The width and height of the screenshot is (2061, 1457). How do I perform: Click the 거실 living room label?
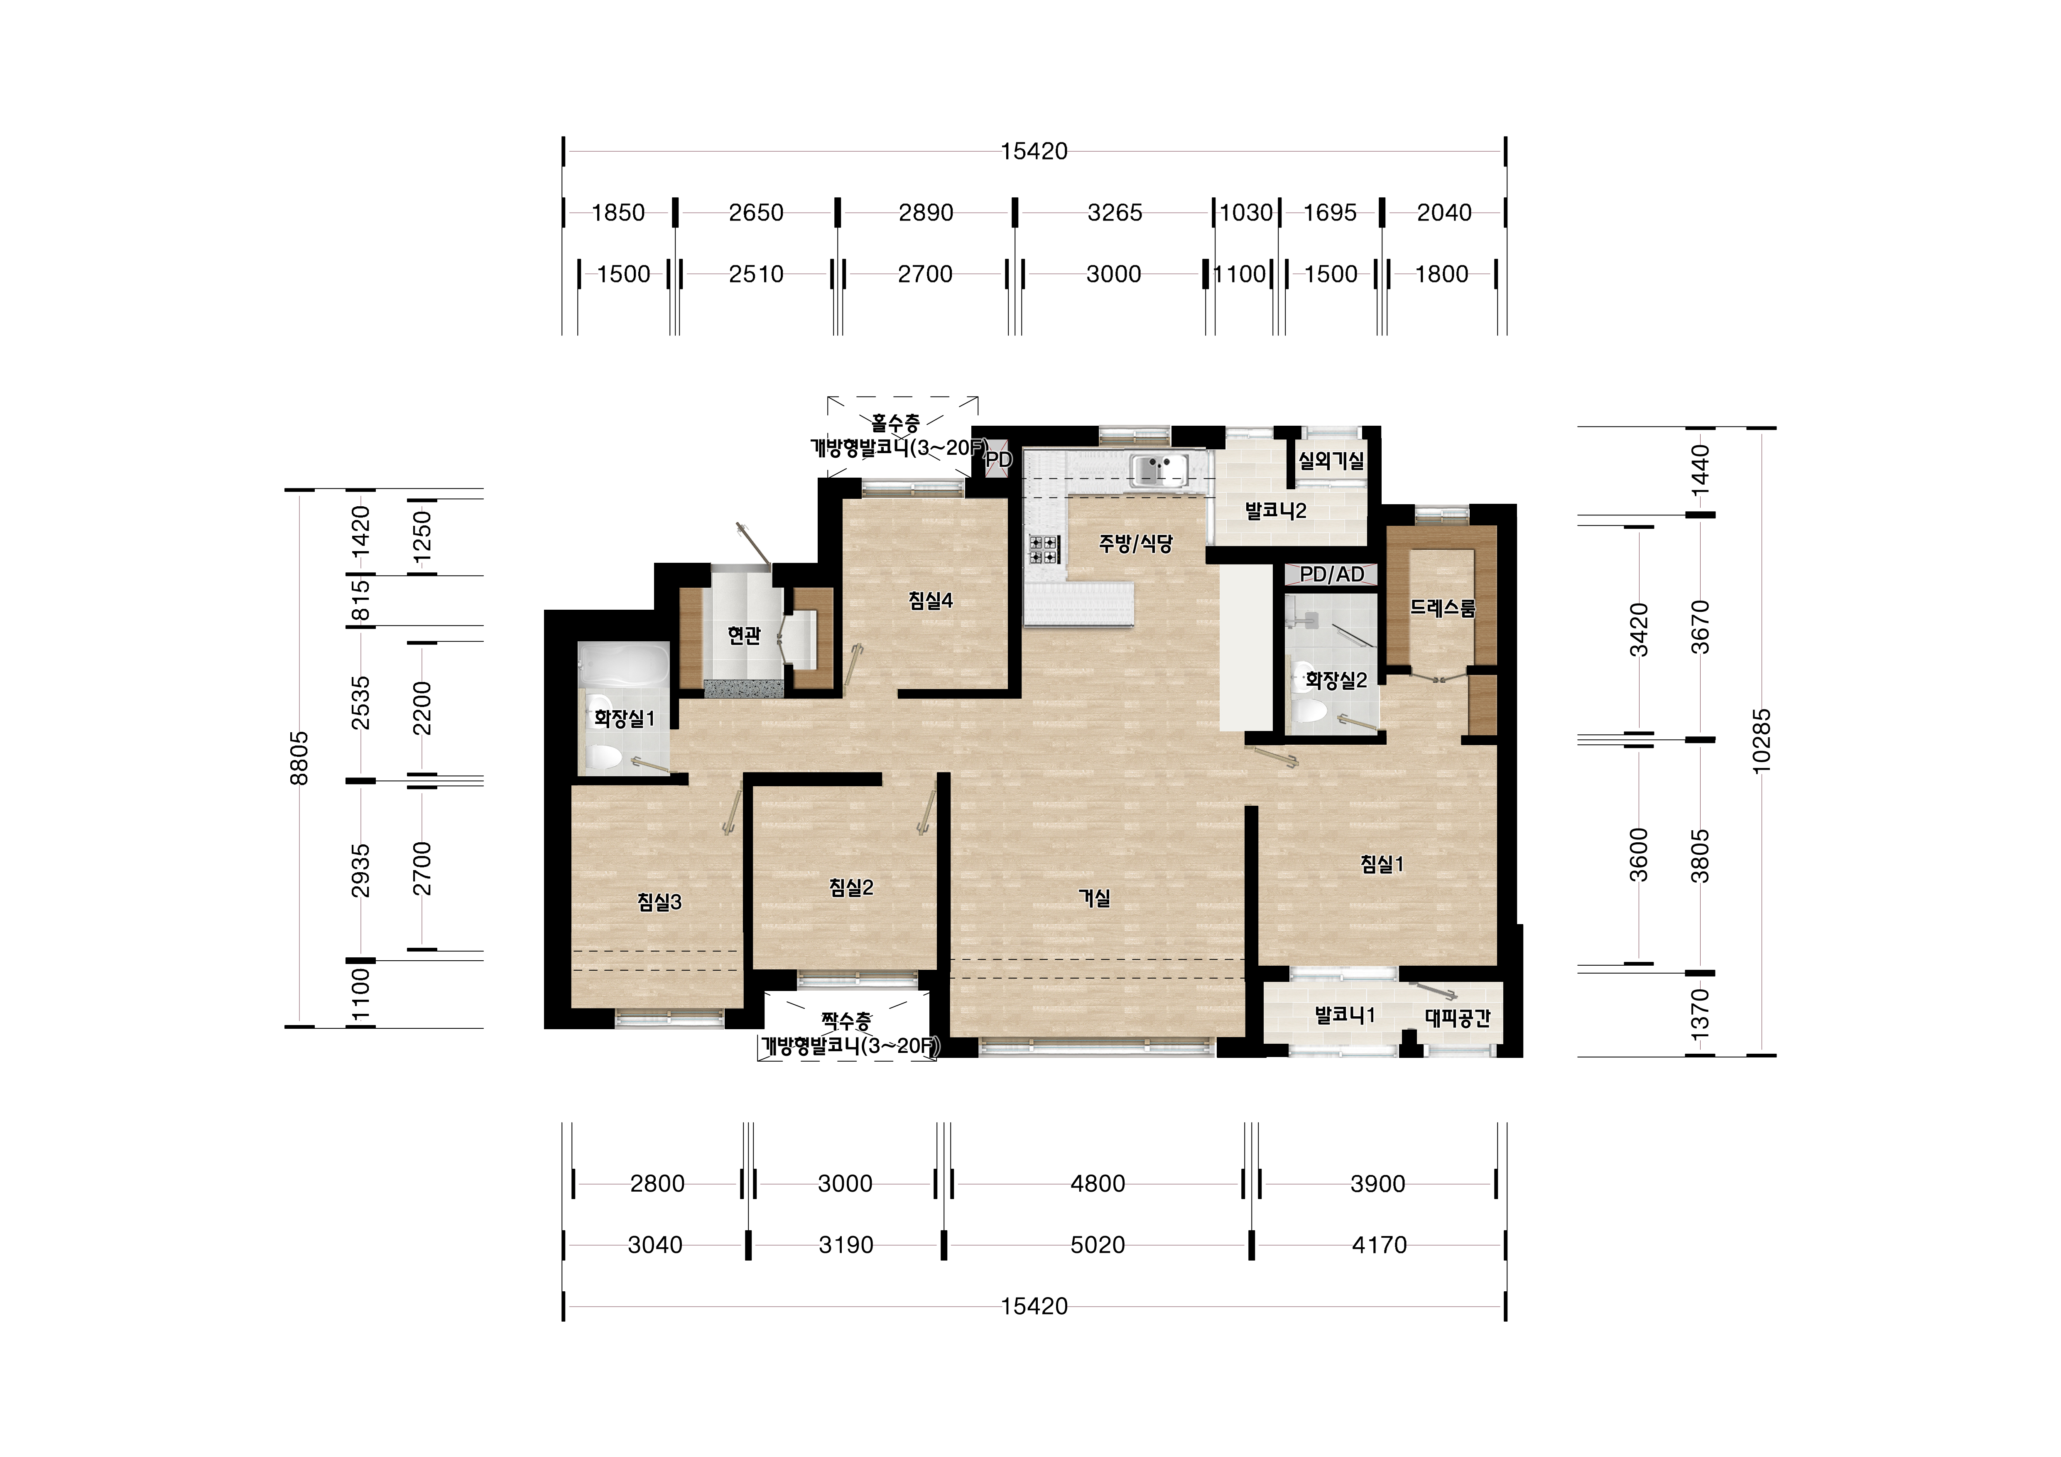[x=1094, y=898]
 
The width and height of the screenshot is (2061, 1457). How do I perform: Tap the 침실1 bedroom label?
[x=1382, y=863]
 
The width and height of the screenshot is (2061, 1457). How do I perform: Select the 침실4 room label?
[x=930, y=601]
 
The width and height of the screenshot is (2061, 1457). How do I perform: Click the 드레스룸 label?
[x=1442, y=608]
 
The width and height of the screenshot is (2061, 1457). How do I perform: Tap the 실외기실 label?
[x=1331, y=461]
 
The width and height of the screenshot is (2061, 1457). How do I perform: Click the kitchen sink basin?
[x=1159, y=469]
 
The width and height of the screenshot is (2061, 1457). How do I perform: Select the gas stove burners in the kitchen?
[x=1043, y=549]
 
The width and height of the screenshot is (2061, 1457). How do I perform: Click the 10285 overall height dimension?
[x=1761, y=741]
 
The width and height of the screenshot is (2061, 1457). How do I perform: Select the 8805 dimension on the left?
[x=299, y=758]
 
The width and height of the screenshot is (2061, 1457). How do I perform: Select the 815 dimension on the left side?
[x=360, y=601]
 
